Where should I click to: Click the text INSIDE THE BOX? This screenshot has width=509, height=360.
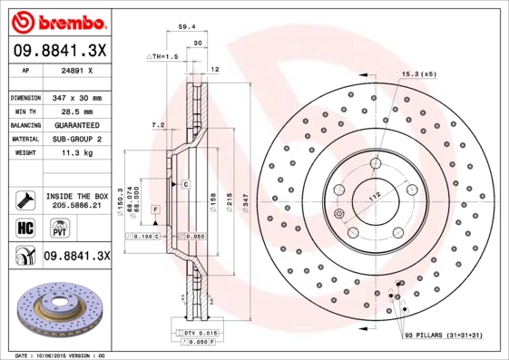click(77, 196)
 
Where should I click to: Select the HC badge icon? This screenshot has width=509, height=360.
click(24, 227)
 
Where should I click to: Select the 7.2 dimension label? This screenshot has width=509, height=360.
click(157, 124)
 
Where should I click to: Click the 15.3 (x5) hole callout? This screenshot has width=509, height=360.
click(418, 73)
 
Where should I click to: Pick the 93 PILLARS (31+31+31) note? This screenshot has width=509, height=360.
click(450, 336)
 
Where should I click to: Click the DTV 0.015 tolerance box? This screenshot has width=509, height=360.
click(188, 334)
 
